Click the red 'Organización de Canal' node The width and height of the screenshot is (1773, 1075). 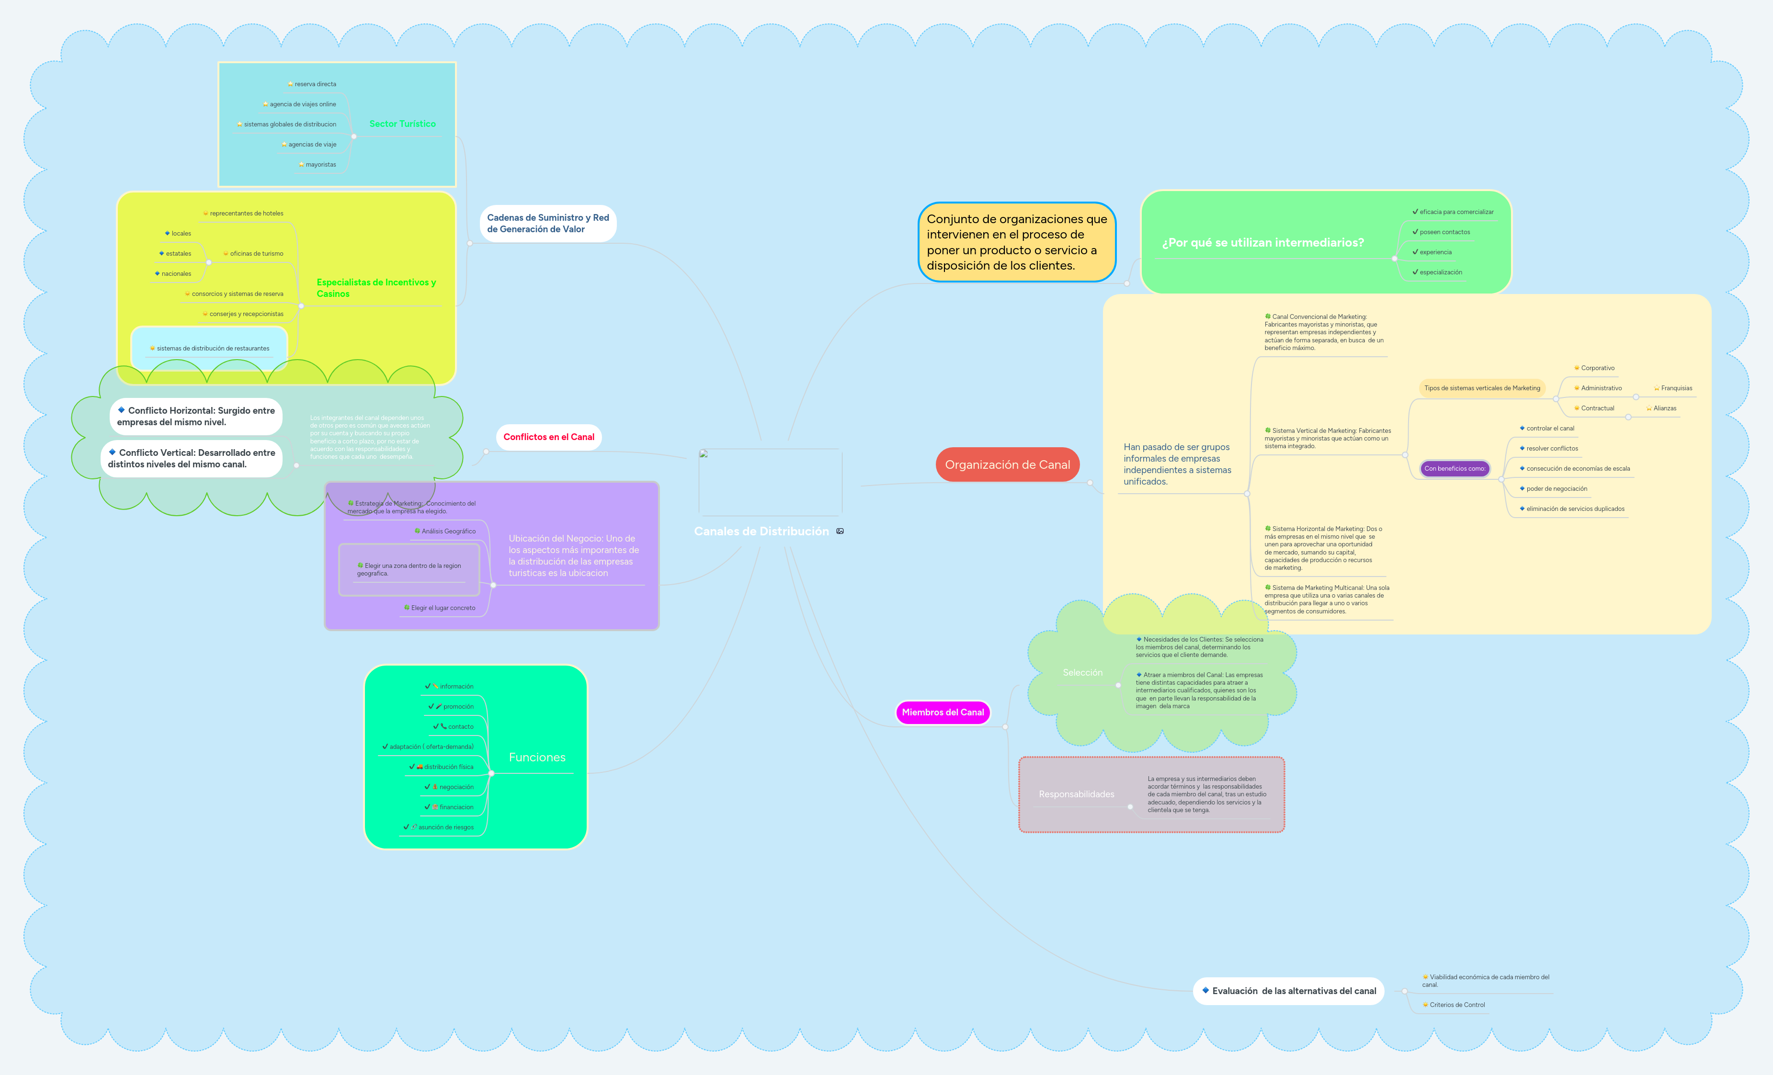(x=1007, y=465)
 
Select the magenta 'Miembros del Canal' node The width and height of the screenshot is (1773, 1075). (x=943, y=713)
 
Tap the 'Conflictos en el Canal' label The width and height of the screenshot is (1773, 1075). (x=548, y=437)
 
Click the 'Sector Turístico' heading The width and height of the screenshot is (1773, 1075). (x=402, y=124)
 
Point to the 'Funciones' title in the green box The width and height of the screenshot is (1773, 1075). (x=537, y=757)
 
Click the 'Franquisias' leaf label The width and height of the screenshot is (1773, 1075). (x=1676, y=388)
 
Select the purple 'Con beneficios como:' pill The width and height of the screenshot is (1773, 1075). (x=1454, y=468)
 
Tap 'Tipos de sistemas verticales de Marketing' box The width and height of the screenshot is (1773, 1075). (x=1482, y=388)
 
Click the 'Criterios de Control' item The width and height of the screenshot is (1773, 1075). (x=1456, y=1005)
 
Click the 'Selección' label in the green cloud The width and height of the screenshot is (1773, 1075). (x=1082, y=673)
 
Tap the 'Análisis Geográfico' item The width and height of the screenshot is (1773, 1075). (x=448, y=532)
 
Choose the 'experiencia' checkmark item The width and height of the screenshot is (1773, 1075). (x=1435, y=252)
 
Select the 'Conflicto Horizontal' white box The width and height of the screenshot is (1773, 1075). (x=196, y=416)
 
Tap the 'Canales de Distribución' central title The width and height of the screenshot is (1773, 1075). (x=761, y=531)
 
